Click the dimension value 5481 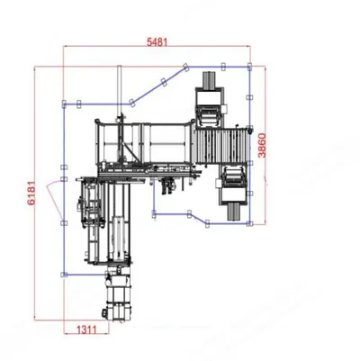coord(157,42)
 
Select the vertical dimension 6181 coord(31,193)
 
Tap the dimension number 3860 coord(262,146)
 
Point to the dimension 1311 coord(87,329)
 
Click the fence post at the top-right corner coord(249,67)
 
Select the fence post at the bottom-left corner coord(63,275)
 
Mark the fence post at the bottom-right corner coord(249,223)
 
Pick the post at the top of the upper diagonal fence coord(185,67)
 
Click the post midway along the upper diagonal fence coord(164,82)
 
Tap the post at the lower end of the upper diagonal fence coord(131,103)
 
